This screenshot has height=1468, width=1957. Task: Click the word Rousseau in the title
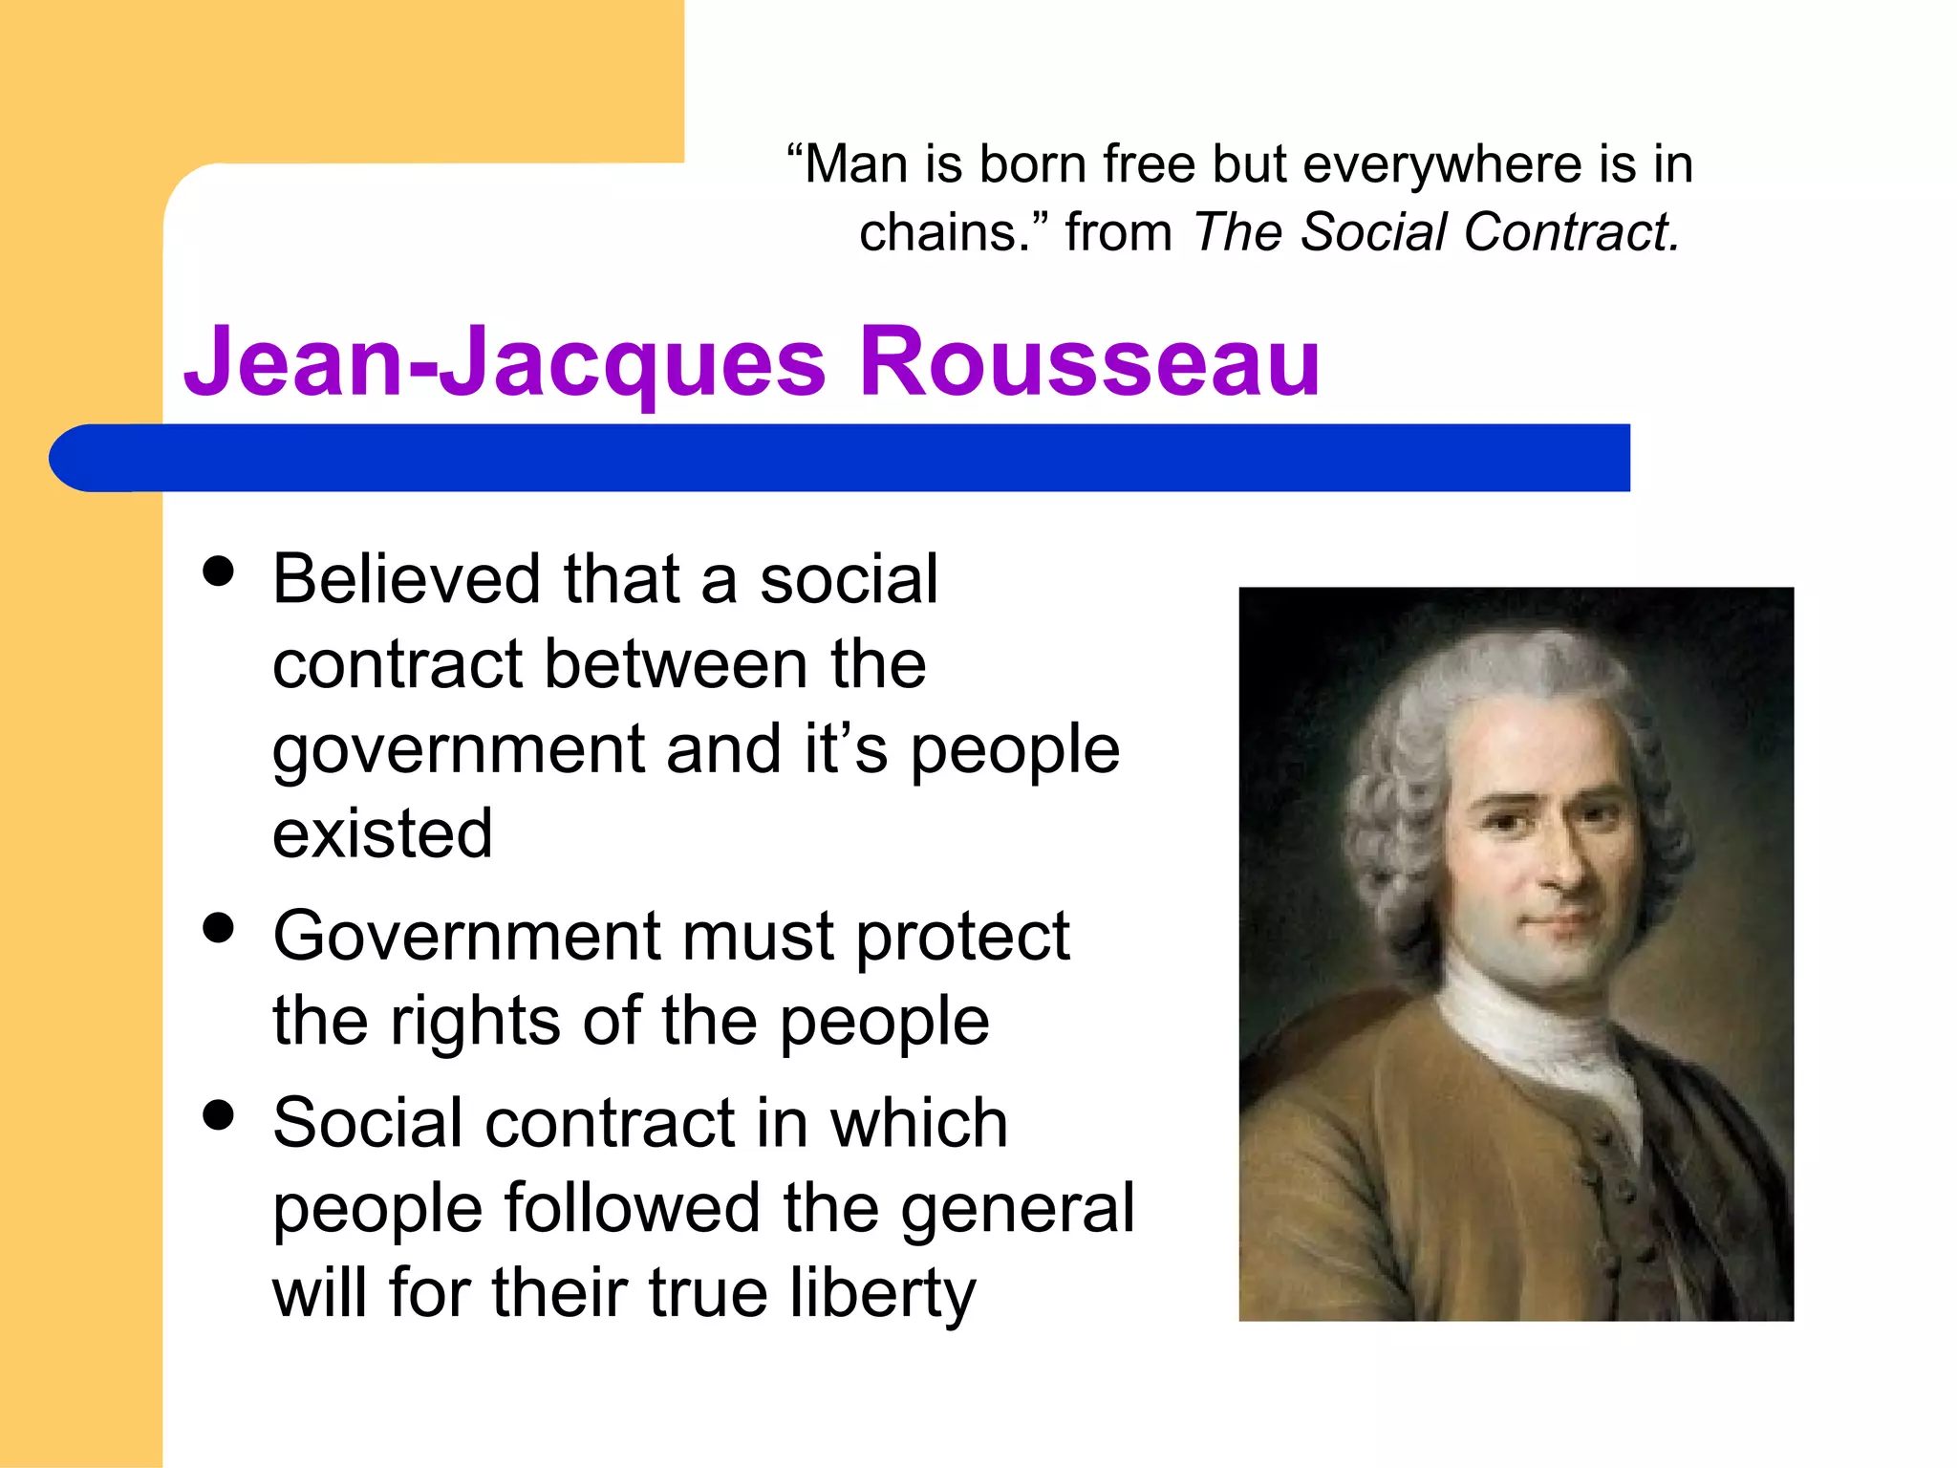click(1089, 362)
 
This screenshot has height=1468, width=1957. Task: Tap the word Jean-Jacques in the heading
click(505, 362)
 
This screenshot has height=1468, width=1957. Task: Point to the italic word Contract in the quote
click(1570, 232)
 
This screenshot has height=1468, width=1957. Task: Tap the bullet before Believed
click(219, 572)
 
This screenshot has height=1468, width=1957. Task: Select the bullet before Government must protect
click(219, 928)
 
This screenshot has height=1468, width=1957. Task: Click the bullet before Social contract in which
click(219, 1114)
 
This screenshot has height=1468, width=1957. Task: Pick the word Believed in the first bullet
click(408, 579)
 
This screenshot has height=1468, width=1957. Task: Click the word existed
click(382, 833)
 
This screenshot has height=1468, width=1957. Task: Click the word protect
click(962, 937)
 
